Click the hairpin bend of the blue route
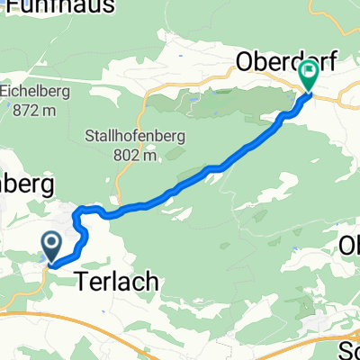click(x=78, y=211)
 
